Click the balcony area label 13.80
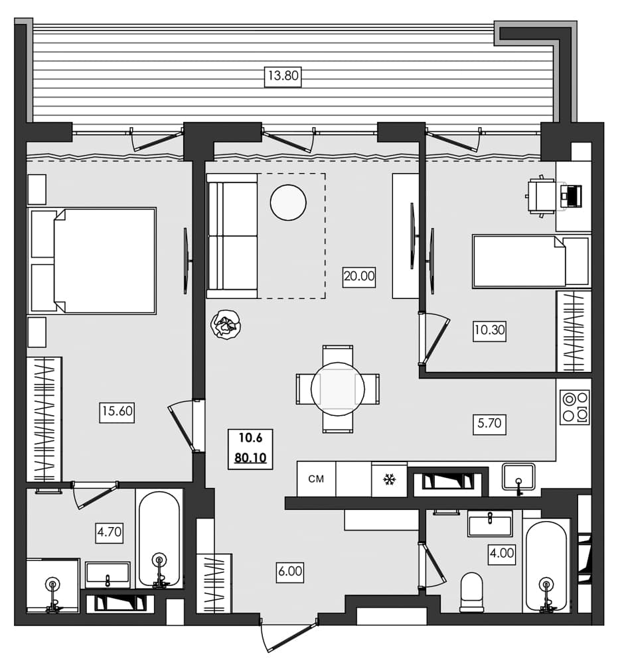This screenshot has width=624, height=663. (283, 76)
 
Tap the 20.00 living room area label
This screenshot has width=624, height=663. (359, 276)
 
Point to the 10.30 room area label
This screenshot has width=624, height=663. (489, 330)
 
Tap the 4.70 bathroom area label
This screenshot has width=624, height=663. (110, 532)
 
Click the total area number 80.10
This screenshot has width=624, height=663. (250, 457)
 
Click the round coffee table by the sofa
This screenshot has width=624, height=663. (288, 202)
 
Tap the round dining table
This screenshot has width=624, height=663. (338, 389)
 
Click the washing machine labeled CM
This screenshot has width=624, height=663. (317, 479)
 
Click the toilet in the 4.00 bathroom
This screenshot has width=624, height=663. (472, 591)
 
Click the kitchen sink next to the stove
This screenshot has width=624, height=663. (519, 476)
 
